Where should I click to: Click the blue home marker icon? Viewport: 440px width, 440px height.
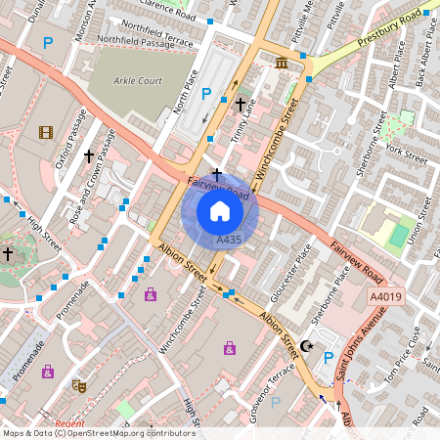click(220, 211)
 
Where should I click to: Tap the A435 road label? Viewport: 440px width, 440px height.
click(229, 240)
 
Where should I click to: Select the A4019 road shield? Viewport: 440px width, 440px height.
click(384, 296)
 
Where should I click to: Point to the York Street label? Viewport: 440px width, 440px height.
click(407, 154)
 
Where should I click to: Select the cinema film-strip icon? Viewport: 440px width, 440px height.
click(46, 132)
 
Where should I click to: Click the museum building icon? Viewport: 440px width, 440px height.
click(283, 64)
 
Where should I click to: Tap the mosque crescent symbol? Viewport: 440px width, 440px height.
click(306, 345)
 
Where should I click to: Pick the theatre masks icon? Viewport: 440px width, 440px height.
click(79, 386)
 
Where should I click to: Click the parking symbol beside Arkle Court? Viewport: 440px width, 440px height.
click(205, 94)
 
